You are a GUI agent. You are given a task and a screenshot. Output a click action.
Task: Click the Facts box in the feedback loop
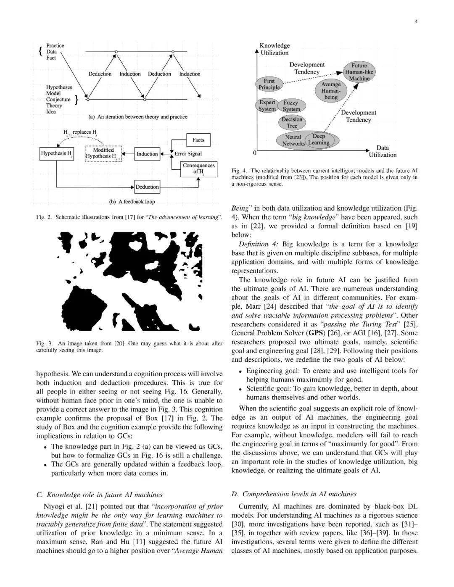point(198,140)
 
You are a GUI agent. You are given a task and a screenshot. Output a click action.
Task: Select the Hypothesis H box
point(57,153)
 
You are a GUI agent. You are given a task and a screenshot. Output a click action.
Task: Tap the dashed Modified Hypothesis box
point(103,153)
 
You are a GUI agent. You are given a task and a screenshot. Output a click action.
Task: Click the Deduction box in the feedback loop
point(147,187)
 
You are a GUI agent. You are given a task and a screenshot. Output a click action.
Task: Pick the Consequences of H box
point(198,168)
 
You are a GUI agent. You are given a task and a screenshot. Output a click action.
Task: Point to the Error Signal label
point(188,154)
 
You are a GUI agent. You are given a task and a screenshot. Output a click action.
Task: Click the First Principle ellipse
point(269,84)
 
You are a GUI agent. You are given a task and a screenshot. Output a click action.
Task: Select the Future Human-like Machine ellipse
point(359,72)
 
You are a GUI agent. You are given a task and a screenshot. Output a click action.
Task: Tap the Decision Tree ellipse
point(292,122)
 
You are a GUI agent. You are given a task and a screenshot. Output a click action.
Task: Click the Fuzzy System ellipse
point(291,106)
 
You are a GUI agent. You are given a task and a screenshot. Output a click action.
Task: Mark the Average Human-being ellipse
point(331,91)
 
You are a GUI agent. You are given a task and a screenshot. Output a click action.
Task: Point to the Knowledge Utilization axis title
point(275,49)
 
